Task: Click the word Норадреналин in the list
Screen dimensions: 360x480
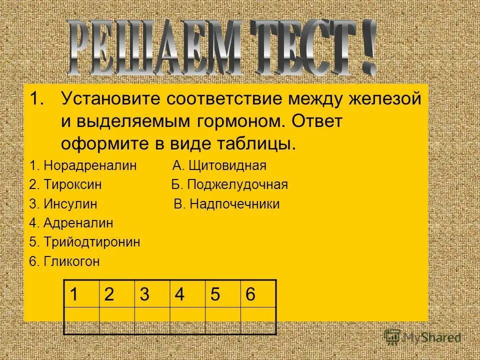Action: click(x=90, y=165)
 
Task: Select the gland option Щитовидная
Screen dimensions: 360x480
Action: click(x=226, y=165)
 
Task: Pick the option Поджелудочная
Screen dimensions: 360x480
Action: click(x=236, y=184)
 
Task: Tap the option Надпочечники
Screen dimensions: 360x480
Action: click(x=233, y=204)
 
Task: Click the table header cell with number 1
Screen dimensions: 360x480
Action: click(x=73, y=294)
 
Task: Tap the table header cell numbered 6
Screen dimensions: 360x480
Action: click(x=250, y=294)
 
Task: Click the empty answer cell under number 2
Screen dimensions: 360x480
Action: click(x=117, y=319)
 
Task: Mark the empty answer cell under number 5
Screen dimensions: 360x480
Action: click(x=222, y=319)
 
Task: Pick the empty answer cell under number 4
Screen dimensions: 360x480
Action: click(x=187, y=319)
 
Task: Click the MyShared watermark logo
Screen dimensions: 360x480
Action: click(x=423, y=337)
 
